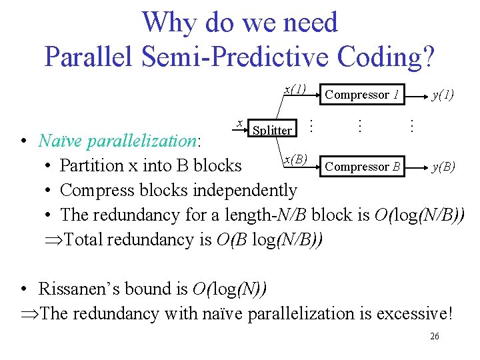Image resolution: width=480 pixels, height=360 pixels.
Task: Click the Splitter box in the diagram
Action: (x=272, y=130)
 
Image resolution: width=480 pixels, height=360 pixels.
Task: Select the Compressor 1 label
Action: (x=361, y=95)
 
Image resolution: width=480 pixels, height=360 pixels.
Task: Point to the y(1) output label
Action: (x=443, y=95)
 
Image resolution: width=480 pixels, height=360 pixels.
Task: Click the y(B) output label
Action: (x=443, y=167)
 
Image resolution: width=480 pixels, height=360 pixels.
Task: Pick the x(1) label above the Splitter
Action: (x=295, y=89)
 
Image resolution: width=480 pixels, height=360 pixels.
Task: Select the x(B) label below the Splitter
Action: (x=295, y=159)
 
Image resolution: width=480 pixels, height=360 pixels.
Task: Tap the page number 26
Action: (x=434, y=337)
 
